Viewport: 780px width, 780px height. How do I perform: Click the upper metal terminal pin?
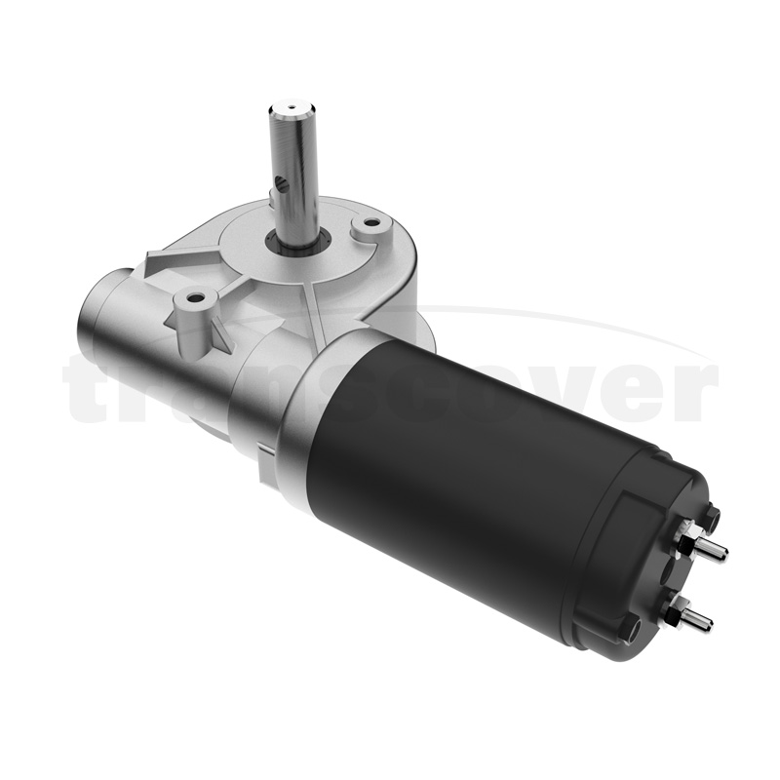point(715,548)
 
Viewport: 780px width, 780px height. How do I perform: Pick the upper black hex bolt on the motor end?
point(712,514)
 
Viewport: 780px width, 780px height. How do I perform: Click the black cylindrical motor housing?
point(468,458)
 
